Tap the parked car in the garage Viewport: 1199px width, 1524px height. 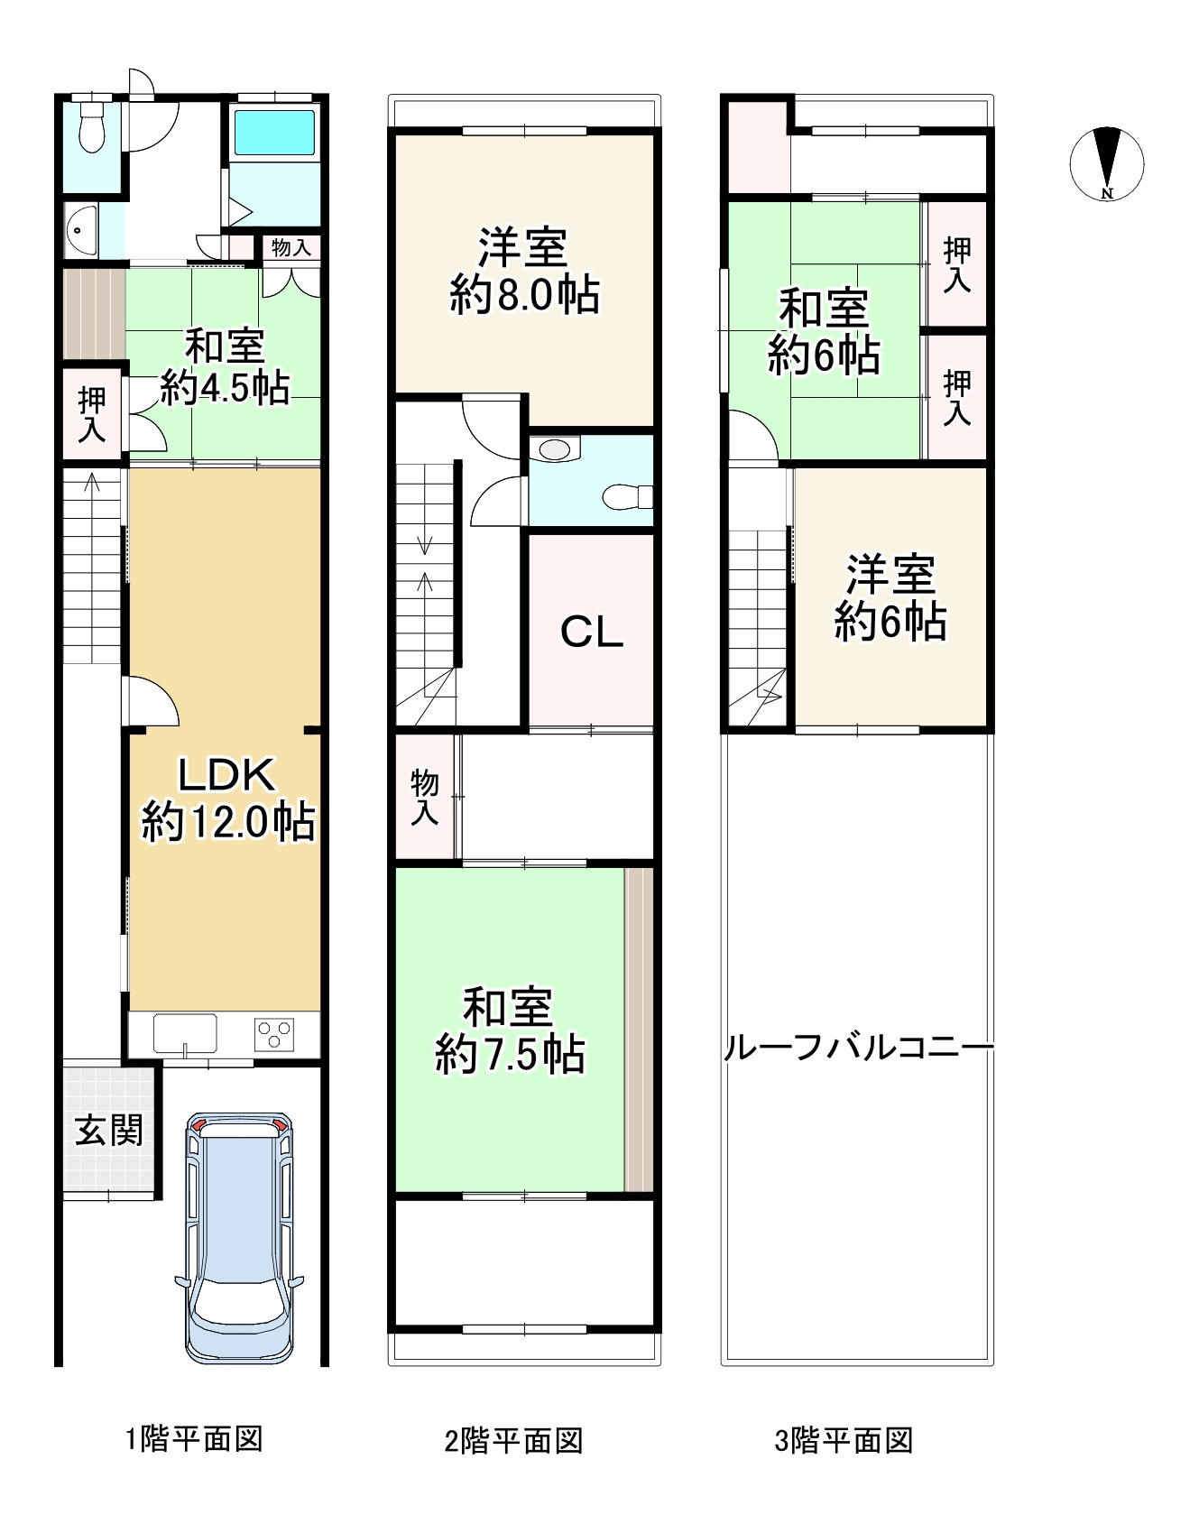240,1236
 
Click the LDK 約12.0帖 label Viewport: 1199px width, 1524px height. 227,799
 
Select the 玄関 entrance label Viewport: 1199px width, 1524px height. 108,1130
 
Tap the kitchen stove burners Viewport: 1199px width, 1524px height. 274,1034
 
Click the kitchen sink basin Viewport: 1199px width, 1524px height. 185,1032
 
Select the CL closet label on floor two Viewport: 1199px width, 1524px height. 591,632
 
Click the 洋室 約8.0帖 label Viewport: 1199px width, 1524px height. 524,272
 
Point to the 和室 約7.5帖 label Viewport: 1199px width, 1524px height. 510,1031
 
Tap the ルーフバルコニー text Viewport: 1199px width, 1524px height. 858,1048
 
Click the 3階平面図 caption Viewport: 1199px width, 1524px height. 844,1441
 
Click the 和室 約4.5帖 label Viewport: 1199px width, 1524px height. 225,367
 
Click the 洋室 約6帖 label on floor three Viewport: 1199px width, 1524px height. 890,598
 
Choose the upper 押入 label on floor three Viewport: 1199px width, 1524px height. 956,265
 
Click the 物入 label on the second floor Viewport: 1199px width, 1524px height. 424,797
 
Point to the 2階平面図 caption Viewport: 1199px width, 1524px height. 513,1441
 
